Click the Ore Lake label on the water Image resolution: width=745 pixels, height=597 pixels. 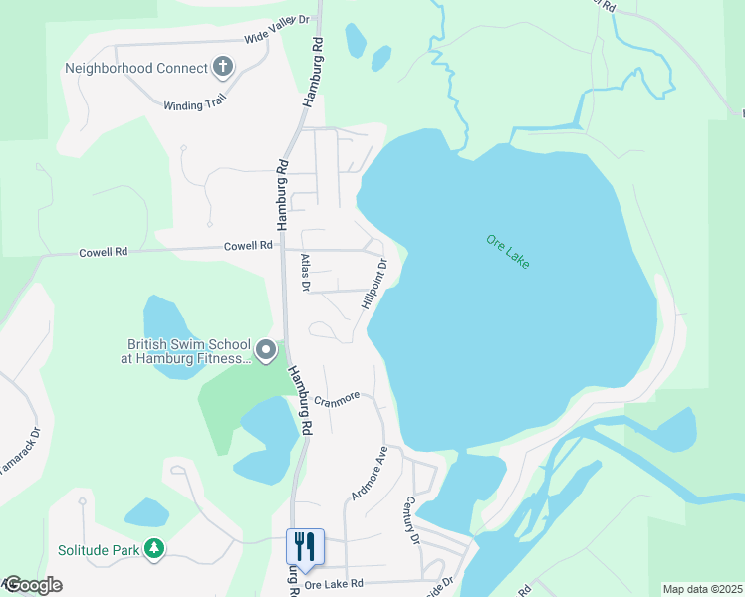tap(508, 251)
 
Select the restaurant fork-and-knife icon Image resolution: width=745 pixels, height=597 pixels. tap(306, 545)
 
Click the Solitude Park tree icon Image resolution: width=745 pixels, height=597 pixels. tap(153, 548)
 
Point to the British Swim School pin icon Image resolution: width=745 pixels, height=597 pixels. tap(266, 350)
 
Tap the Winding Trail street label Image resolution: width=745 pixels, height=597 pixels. tap(196, 104)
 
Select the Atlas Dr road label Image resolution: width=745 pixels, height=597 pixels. tap(306, 273)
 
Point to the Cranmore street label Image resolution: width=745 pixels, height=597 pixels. tap(336, 399)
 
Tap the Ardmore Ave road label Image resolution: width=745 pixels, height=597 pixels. tap(369, 472)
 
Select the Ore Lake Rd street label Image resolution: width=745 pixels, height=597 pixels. tap(334, 584)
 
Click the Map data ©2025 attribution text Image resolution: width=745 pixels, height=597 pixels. tap(702, 589)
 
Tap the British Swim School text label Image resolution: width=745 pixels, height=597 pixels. tap(186, 350)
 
